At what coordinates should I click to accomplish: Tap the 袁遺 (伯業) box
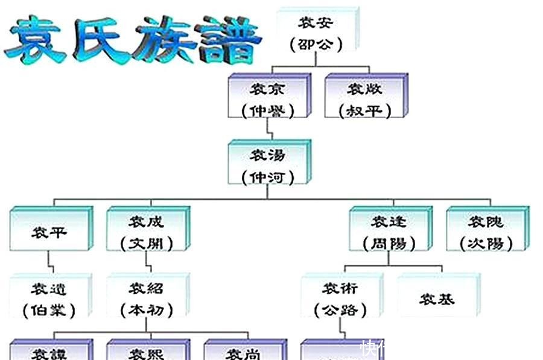click(49, 299)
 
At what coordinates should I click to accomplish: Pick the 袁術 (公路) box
click(340, 299)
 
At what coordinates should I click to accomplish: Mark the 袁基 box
click(437, 299)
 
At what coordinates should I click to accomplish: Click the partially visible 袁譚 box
click(49, 352)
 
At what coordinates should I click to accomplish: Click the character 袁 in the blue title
click(36, 37)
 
